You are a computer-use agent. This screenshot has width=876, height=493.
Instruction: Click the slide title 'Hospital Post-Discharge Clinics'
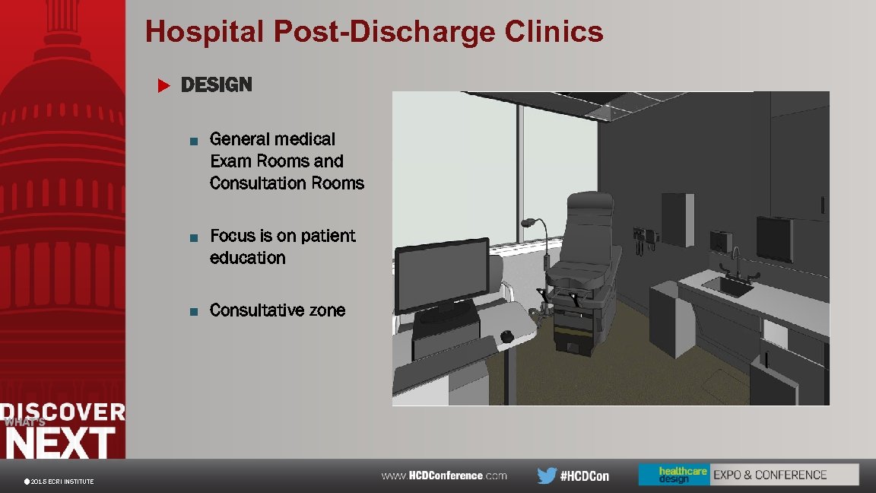[374, 32]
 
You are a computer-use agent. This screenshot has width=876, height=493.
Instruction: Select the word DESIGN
[216, 84]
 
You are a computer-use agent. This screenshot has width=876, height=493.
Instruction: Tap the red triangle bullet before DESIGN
[161, 85]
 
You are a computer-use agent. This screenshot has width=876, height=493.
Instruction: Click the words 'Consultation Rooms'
[287, 183]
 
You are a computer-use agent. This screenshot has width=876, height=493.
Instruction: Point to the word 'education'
[248, 258]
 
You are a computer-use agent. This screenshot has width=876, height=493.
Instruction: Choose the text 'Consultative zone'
[278, 310]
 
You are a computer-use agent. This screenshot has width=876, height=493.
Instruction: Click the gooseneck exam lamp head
[526, 224]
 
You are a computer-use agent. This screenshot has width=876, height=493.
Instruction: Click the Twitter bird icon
[546, 476]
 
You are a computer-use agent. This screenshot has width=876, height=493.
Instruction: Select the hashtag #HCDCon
[585, 476]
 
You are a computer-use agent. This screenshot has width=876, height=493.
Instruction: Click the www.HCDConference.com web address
[444, 476]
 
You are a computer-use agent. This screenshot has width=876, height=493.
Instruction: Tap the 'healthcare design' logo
[673, 475]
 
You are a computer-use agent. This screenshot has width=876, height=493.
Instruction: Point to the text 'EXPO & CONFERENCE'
[770, 475]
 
